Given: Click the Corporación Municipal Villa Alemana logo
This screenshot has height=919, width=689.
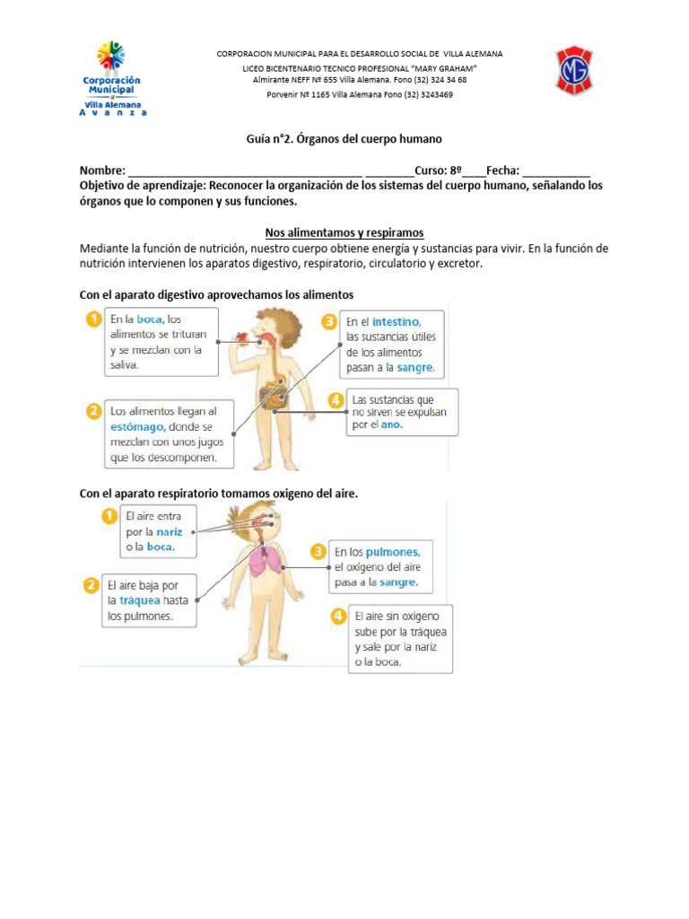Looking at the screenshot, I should coord(112,78).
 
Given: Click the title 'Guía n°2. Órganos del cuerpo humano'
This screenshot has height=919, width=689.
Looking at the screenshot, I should coord(344,139).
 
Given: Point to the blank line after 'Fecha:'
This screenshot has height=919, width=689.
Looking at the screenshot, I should coord(555,171).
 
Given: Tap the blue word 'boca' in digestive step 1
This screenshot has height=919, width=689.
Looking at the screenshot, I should coord(150,319).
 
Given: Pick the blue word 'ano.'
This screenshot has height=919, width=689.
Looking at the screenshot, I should coord(389,424).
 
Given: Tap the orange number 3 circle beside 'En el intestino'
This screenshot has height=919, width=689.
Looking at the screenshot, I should coord(329,320).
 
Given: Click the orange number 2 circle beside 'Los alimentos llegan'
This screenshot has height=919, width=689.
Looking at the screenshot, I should coord(92,411).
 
